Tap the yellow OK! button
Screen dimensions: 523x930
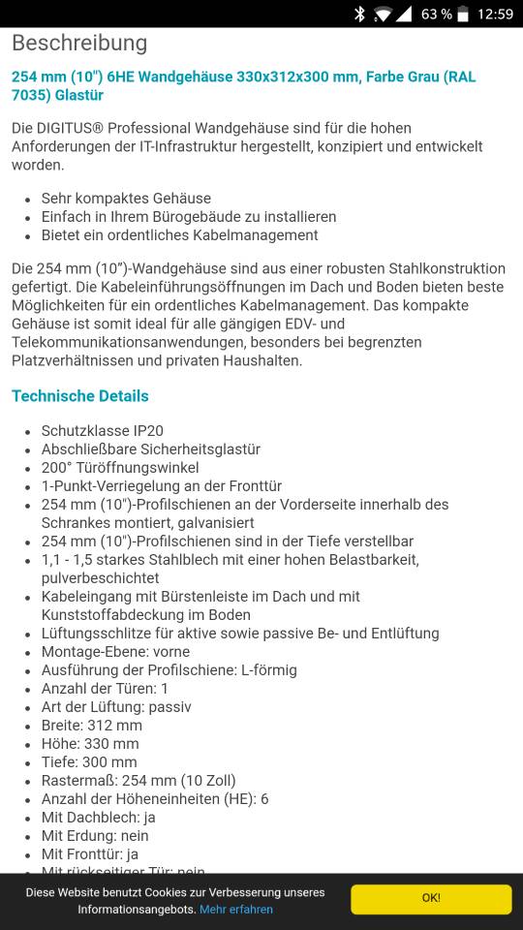tap(431, 898)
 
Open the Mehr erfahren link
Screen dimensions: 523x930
tap(235, 910)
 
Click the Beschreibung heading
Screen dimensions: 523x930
tap(79, 43)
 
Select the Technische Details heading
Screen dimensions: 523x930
tap(80, 395)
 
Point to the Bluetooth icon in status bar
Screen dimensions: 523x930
tap(359, 14)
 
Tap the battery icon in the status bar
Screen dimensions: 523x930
tap(463, 14)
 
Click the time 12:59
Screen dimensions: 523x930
tap(495, 14)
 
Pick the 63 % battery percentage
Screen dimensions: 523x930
tap(437, 14)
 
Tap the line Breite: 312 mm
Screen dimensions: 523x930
tap(92, 725)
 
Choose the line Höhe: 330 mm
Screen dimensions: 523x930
tap(90, 743)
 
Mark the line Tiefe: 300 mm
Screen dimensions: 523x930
tap(89, 761)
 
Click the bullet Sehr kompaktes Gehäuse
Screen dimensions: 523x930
tap(126, 198)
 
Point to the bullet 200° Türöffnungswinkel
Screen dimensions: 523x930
tap(120, 467)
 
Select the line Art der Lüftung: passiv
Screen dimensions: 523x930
tap(116, 706)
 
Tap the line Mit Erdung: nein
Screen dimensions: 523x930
tap(95, 835)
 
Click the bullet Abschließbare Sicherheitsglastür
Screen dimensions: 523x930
tap(150, 449)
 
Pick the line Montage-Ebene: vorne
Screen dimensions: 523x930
tap(115, 651)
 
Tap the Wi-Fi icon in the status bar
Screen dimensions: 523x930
tap(382, 14)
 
